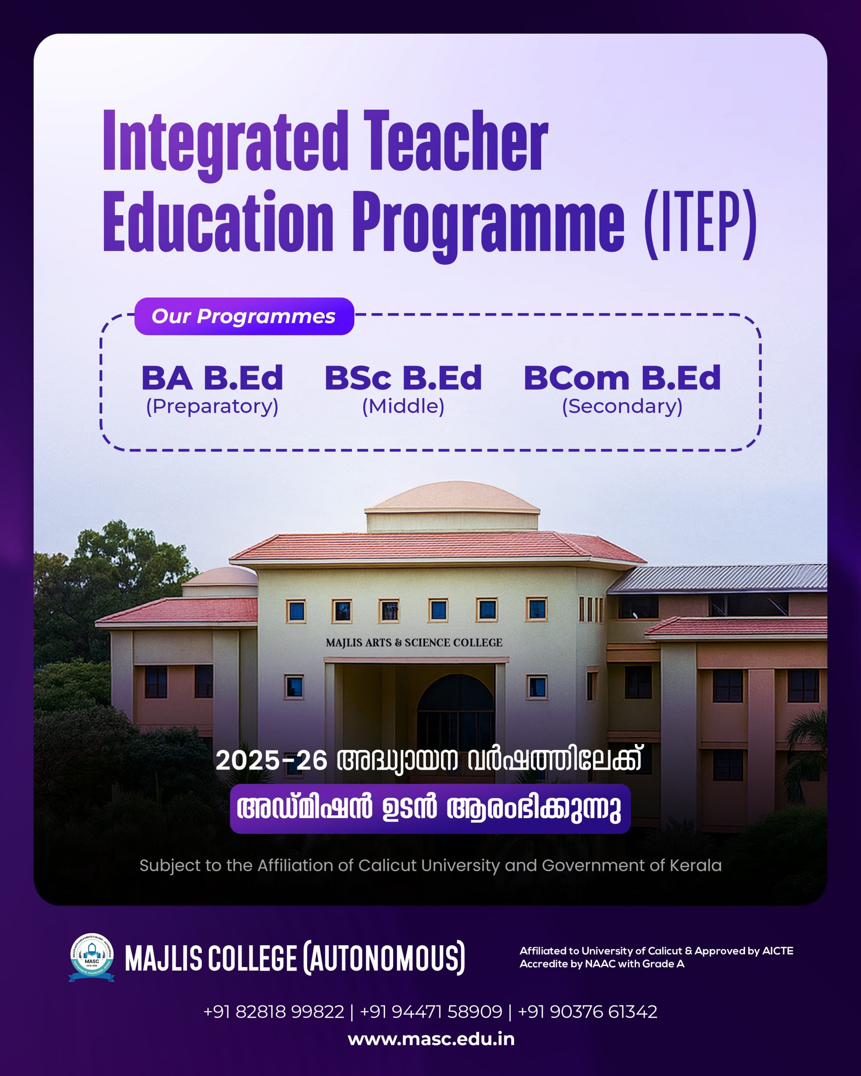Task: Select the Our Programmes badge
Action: click(244, 316)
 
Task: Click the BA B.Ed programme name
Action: click(212, 378)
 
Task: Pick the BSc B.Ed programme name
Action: click(403, 378)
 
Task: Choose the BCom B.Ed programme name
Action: click(622, 378)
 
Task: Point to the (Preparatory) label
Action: click(212, 406)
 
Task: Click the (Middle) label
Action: click(403, 406)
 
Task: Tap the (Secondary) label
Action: click(622, 406)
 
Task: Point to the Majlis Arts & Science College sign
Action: click(414, 643)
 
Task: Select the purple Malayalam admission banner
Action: click(430, 809)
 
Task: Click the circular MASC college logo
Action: click(92, 957)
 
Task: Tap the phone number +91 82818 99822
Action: click(274, 1012)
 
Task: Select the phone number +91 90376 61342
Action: click(587, 1012)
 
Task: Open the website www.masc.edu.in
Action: click(431, 1039)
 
